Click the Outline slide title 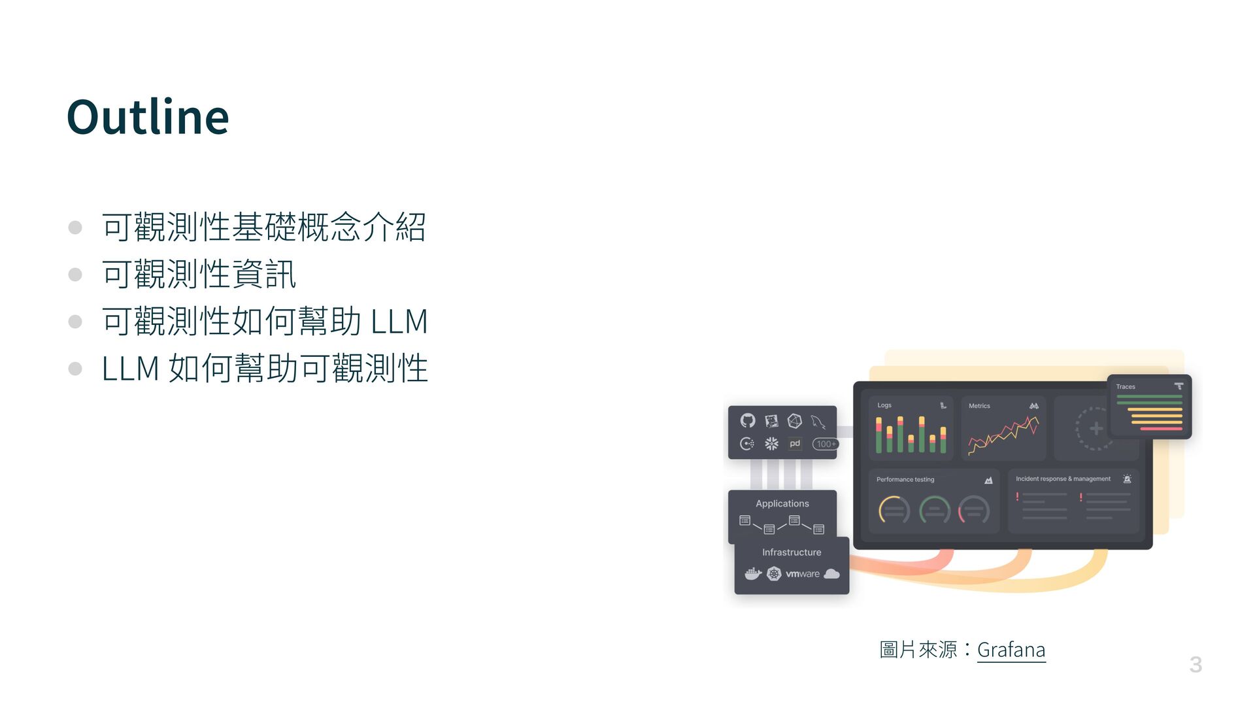148,117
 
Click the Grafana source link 1011,650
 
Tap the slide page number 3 1196,665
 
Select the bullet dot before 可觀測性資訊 75,275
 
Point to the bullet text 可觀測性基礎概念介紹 263,227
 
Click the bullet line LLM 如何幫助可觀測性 265,369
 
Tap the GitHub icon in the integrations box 748,420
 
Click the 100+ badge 826,444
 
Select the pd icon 795,444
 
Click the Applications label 782,503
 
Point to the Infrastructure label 792,552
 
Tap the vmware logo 803,574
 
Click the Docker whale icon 753,574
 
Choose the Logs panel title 884,405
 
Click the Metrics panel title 979,406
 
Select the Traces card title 1126,387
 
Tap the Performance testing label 905,480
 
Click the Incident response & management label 1063,479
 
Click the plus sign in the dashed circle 1096,429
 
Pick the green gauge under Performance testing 935,511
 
